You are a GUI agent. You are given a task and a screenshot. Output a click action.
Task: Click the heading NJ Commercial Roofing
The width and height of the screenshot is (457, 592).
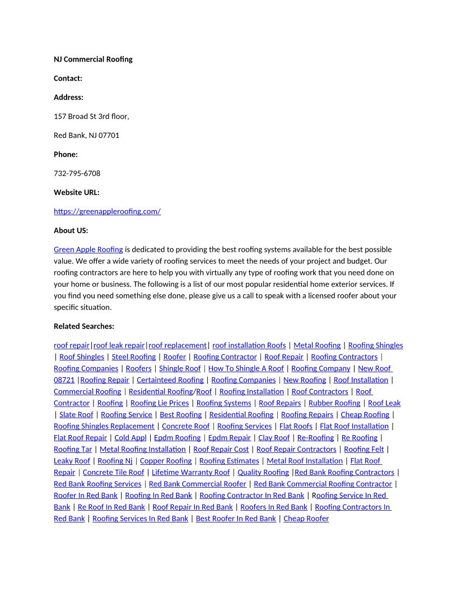(93, 59)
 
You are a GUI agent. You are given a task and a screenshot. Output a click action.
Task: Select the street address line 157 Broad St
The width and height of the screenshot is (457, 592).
(91, 116)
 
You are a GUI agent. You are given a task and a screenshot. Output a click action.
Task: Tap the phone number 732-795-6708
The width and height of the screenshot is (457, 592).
(77, 173)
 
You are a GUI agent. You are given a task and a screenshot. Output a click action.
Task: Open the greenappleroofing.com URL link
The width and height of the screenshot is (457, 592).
(107, 211)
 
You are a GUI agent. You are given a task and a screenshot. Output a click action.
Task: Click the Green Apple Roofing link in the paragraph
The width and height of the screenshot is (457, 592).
(88, 249)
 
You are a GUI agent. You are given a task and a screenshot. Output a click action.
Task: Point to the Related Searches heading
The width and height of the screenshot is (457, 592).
(83, 326)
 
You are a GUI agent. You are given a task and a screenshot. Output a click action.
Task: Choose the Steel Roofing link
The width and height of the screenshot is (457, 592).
(133, 357)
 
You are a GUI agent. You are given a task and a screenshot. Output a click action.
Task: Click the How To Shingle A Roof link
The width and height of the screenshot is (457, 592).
(246, 368)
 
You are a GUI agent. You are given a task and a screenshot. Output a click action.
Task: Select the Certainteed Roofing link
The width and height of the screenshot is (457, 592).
(170, 380)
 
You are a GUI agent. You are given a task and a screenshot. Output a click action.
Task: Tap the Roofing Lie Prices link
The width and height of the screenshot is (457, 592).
(160, 403)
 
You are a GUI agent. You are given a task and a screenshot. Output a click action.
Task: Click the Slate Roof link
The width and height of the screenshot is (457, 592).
(76, 415)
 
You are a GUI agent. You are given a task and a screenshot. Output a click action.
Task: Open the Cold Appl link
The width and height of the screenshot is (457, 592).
(130, 438)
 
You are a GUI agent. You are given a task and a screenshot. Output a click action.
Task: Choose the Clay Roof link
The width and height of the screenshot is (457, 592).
(274, 438)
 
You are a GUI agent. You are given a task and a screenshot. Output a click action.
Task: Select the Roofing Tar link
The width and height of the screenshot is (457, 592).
(73, 449)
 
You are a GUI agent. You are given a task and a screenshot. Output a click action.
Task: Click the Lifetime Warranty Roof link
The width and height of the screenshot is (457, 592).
(190, 473)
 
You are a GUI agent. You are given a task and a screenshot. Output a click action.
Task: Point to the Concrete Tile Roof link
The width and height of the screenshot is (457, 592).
(113, 473)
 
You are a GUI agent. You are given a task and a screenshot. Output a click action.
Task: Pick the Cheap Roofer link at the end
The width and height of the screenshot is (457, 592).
(306, 519)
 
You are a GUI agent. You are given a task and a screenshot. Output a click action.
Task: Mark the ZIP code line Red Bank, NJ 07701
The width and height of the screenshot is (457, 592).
(86, 135)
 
